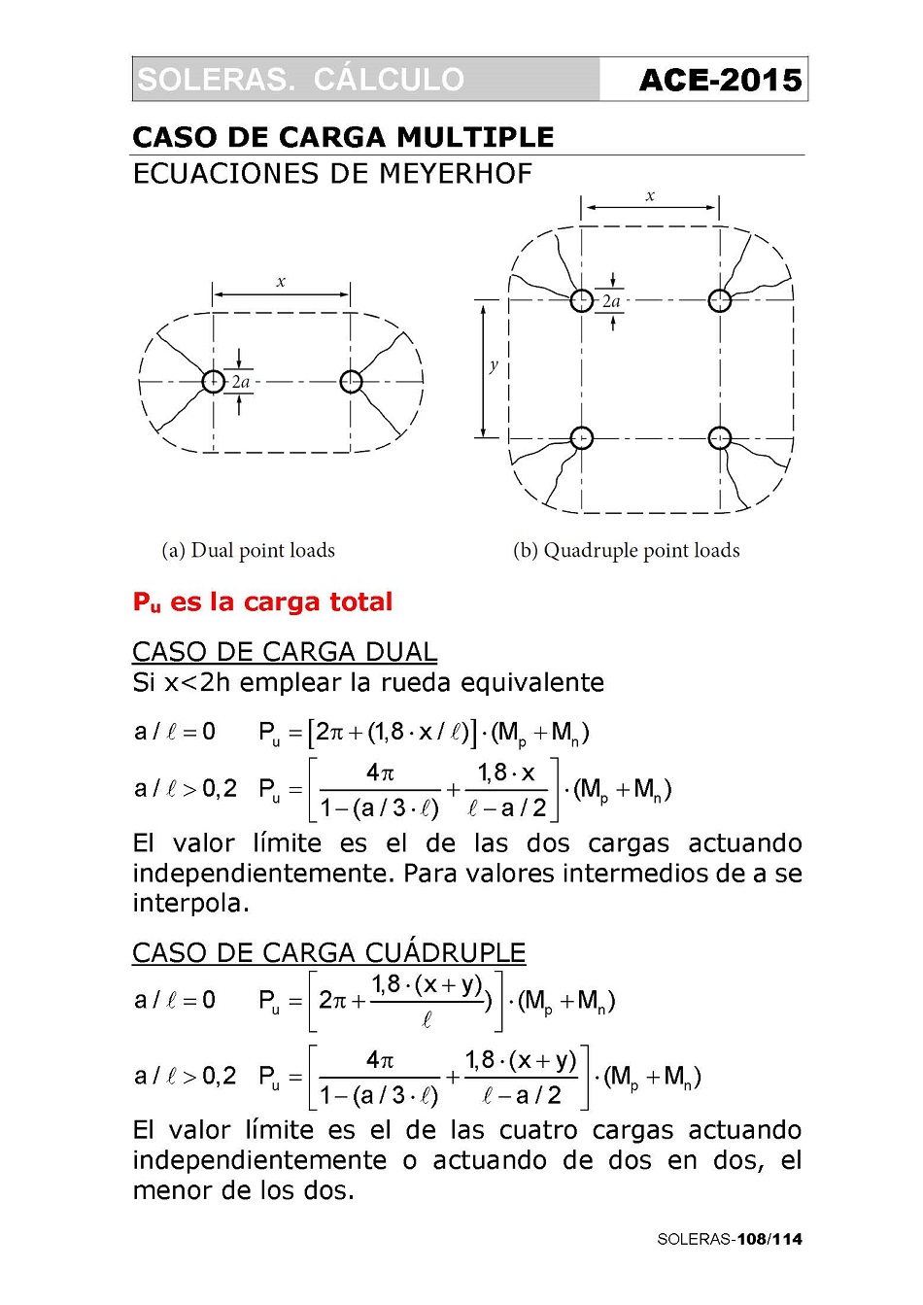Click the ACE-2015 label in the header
coord(720,80)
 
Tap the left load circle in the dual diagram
coord(213,382)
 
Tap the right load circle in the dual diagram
coord(351,382)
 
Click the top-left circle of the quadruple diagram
coord(581,300)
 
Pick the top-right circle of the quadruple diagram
coord(720,300)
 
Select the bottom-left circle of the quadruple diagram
coord(581,438)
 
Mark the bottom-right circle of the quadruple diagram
coord(720,438)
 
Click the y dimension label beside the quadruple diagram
coord(494,365)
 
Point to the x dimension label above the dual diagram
coord(281,282)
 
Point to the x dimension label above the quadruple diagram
coord(650,196)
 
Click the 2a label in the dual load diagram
coord(241,382)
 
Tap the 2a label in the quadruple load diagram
coord(611,301)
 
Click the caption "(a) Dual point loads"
coord(248,551)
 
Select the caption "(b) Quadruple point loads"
coord(626,551)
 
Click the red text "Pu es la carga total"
coord(262,602)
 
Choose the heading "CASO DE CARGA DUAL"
coord(285,651)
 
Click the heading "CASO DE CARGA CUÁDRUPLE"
coord(328,952)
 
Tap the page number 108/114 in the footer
coord(769,1239)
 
